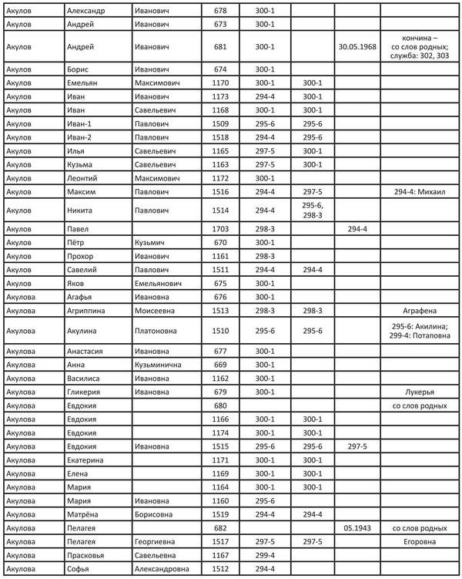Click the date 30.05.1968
coord(357,46)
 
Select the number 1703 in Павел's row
coord(221,229)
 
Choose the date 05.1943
coord(357,528)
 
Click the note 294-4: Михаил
coord(419,191)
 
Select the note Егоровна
coord(419,542)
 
